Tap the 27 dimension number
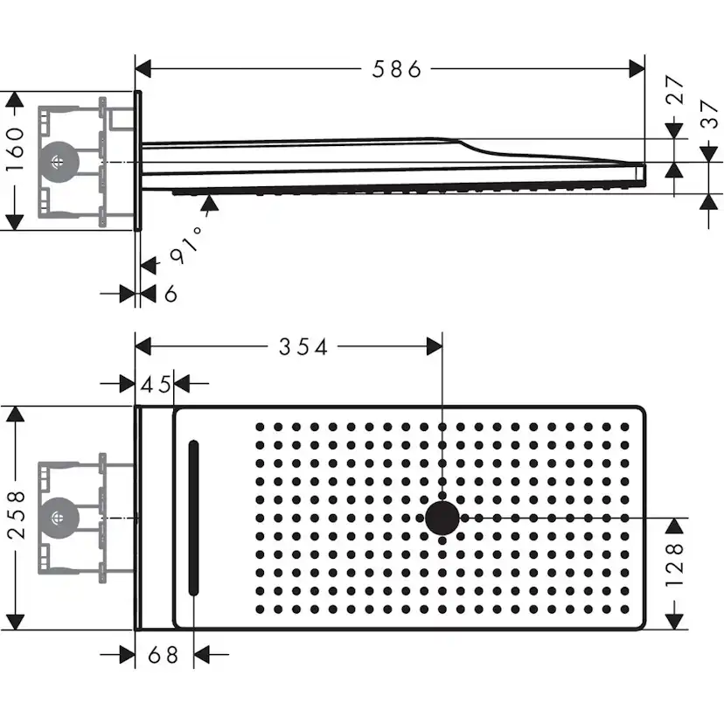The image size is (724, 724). click(x=674, y=91)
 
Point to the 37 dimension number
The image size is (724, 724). click(x=709, y=114)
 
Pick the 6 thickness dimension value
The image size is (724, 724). click(x=171, y=294)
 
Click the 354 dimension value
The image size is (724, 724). click(x=303, y=347)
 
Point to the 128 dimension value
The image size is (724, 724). click(x=675, y=573)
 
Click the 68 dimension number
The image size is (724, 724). click(x=163, y=654)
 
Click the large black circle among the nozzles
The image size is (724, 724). click(x=442, y=518)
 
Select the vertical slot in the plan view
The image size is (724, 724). click(x=193, y=518)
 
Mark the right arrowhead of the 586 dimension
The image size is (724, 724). click(x=637, y=68)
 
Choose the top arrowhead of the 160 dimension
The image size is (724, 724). click(x=14, y=101)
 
